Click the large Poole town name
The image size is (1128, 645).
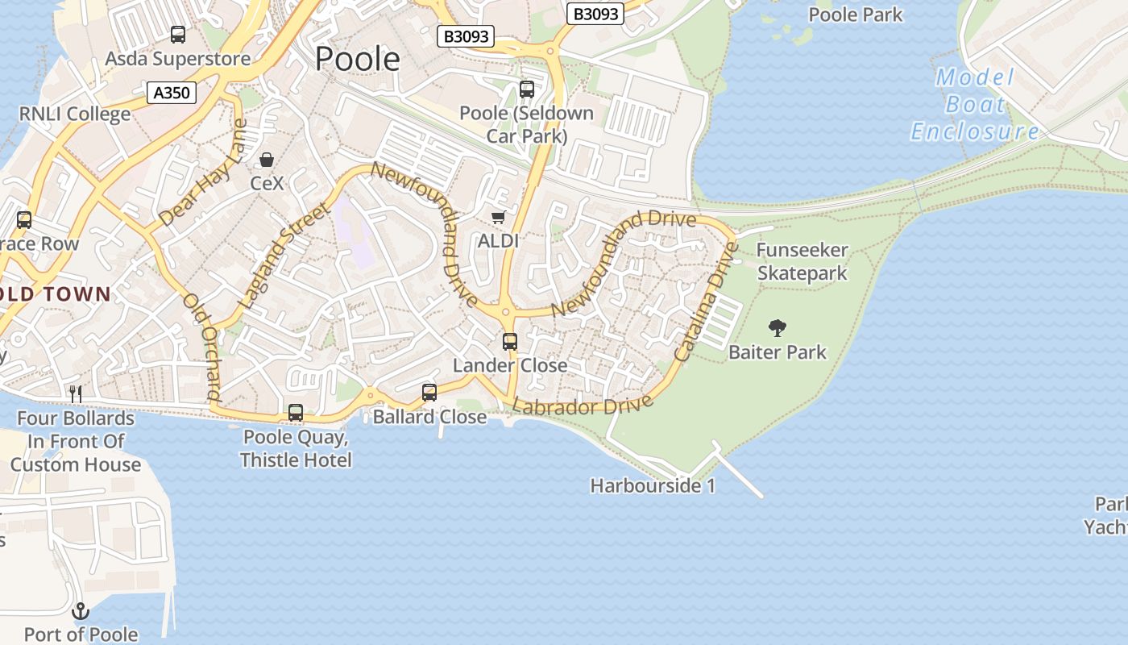357,59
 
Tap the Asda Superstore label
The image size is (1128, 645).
178,59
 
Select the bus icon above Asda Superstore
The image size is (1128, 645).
178,35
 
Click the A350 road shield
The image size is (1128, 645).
172,93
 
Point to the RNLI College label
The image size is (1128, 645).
75,114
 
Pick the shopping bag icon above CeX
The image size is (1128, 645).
267,160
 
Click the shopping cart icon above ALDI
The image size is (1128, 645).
498,217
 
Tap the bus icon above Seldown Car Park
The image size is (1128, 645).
527,89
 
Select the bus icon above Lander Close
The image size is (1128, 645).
510,341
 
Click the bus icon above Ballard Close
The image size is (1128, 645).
429,393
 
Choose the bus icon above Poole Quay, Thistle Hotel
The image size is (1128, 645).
296,413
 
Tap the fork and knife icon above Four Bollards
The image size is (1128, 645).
76,393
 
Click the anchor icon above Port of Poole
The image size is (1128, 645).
80,611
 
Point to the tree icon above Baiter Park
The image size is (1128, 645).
778,327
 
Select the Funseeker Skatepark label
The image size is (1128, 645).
802,262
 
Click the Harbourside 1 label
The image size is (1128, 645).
653,486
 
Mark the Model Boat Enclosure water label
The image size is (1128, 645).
975,104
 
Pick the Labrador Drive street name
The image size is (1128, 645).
583,406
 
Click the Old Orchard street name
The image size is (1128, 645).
202,347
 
